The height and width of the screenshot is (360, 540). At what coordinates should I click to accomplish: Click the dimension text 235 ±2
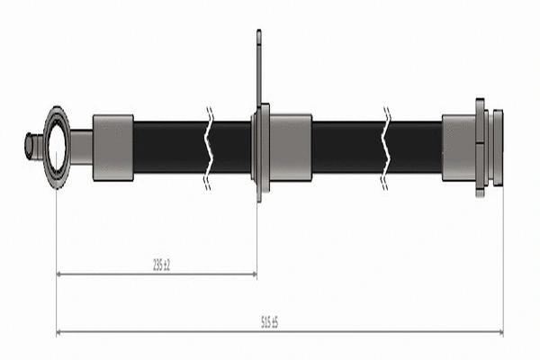pyautogui.click(x=161, y=264)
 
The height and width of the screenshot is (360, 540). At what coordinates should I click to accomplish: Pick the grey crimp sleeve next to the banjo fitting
pyautogui.click(x=112, y=148)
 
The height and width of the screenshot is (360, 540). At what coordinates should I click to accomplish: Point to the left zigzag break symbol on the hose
pyautogui.click(x=208, y=148)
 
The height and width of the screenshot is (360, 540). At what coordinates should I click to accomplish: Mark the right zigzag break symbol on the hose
pyautogui.click(x=386, y=148)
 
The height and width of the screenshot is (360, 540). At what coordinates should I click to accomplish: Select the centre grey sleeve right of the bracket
pyautogui.click(x=290, y=148)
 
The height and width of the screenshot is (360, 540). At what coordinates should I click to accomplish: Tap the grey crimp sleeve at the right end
pyautogui.click(x=458, y=148)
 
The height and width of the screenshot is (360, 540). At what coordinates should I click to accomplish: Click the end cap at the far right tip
pyautogui.click(x=498, y=148)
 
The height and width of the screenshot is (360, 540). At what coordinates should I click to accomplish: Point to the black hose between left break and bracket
pyautogui.click(x=231, y=148)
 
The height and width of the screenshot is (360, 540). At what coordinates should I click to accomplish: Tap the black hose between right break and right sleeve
pyautogui.click(x=415, y=148)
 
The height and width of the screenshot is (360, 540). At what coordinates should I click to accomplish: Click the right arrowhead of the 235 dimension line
pyautogui.click(x=253, y=274)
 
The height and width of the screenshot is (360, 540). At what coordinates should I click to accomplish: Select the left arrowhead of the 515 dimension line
pyautogui.click(x=60, y=332)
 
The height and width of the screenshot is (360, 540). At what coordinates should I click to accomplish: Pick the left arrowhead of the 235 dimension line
pyautogui.click(x=60, y=274)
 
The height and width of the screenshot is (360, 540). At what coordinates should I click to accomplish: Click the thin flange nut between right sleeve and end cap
pyautogui.click(x=481, y=148)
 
